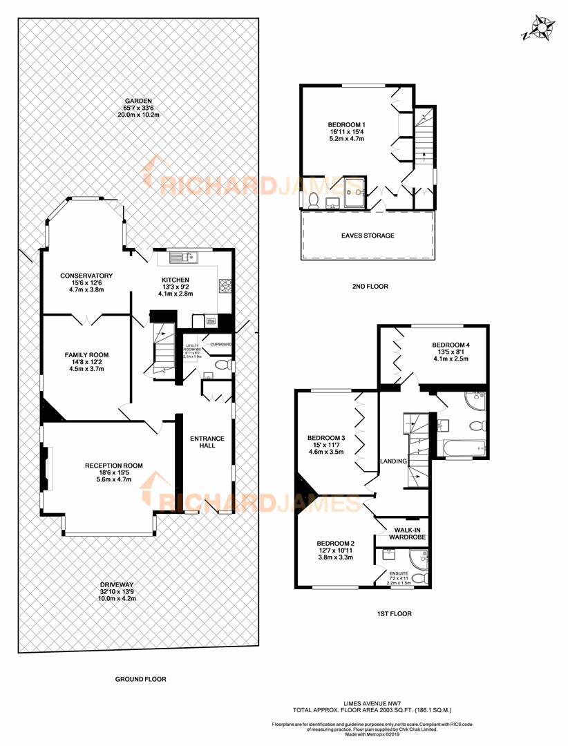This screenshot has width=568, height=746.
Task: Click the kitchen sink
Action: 184,259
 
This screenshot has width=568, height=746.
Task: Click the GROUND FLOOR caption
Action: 140,679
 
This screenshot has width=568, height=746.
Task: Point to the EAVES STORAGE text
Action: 368,236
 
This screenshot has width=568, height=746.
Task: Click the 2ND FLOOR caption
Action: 368,286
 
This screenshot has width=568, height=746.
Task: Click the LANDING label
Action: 392,461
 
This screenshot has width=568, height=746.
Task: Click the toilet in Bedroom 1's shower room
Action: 313,201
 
